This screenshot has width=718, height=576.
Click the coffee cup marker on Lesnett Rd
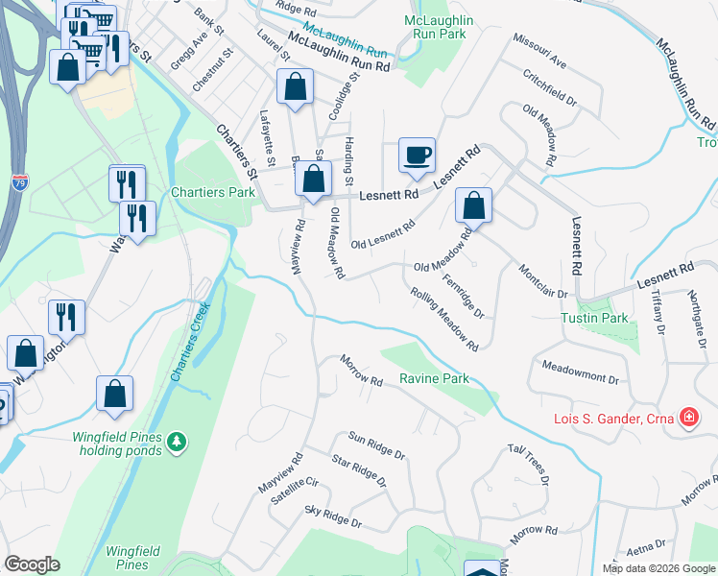coord(417,155)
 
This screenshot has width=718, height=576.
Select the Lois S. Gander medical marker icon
coord(688,418)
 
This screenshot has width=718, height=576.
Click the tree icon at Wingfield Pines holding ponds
coord(176,441)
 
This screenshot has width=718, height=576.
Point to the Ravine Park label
coord(434,379)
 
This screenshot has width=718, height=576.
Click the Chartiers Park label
coord(213,192)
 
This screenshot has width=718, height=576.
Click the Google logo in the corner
coord(32,564)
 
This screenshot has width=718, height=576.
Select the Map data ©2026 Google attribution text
coord(658,568)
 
